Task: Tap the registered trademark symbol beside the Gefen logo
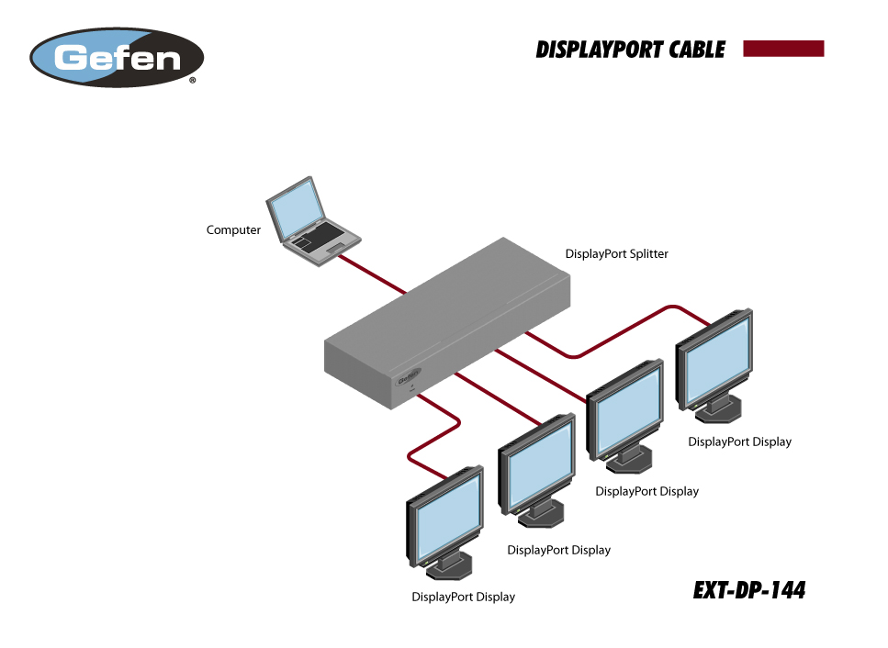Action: (193, 82)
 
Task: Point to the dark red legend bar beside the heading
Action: (783, 49)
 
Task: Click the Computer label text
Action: (233, 230)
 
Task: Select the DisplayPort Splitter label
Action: (616, 253)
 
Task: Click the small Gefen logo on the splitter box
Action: (409, 375)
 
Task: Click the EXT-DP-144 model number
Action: (749, 591)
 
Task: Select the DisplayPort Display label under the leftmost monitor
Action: (463, 598)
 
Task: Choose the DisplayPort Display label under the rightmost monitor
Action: (739, 441)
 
